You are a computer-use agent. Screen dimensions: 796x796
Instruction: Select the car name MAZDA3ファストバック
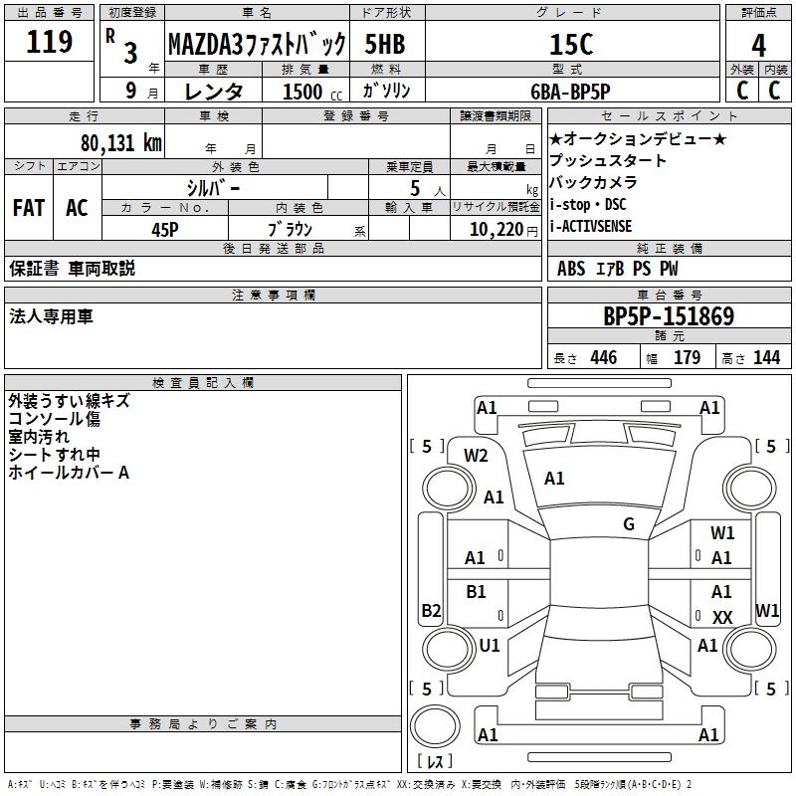tap(257, 44)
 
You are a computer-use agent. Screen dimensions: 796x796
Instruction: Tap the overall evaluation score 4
tap(759, 45)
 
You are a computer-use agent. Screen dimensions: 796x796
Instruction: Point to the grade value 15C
tap(571, 44)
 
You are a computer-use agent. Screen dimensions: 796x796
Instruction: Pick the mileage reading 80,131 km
tap(121, 143)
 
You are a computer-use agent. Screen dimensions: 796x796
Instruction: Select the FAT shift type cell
tap(28, 208)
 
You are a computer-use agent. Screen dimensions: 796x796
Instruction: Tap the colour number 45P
tap(165, 229)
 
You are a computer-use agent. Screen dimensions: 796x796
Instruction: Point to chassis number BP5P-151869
tap(669, 317)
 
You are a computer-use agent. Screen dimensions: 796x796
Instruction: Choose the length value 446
tap(603, 358)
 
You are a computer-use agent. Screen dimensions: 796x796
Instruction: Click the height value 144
tap(766, 358)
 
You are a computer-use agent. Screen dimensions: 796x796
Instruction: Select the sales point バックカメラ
tap(594, 183)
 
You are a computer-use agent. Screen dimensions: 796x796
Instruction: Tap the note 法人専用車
tap(51, 316)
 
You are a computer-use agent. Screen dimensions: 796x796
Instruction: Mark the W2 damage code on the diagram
tap(476, 456)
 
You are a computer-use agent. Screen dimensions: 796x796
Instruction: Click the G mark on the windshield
tap(629, 524)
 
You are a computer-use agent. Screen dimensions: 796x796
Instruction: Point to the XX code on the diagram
tap(722, 618)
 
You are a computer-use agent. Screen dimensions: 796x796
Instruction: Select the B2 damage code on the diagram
tap(431, 610)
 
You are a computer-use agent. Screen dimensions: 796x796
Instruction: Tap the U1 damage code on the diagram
tap(490, 646)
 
